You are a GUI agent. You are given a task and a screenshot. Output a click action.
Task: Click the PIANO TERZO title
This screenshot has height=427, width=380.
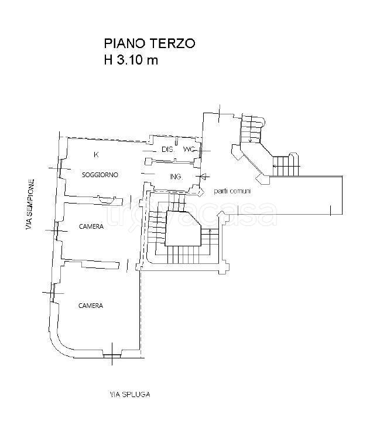[149, 43]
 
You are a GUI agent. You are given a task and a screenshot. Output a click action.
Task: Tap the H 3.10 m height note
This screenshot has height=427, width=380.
[131, 60]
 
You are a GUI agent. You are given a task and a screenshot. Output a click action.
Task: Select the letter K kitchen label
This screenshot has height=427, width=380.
[96, 155]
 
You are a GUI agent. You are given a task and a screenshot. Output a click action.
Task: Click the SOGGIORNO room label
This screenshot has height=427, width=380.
[100, 175]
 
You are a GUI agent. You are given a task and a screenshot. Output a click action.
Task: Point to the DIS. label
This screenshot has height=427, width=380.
[167, 149]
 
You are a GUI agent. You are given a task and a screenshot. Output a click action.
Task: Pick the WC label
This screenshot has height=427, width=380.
[189, 149]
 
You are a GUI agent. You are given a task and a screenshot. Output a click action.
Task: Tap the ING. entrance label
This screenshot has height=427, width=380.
[176, 177]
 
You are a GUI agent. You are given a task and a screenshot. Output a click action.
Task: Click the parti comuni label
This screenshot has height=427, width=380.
[232, 191]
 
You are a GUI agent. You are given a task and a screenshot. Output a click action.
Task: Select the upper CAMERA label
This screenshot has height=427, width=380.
[91, 226]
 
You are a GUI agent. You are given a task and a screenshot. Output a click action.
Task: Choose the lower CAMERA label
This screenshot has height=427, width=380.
[91, 306]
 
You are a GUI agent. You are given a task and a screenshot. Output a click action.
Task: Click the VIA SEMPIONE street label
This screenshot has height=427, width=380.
[30, 204]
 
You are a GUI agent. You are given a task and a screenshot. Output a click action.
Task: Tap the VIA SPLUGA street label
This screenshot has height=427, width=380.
[130, 394]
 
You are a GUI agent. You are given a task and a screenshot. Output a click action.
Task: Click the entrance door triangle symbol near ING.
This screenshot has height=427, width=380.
[203, 177]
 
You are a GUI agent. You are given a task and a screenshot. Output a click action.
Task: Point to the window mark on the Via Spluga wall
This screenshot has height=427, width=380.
[112, 355]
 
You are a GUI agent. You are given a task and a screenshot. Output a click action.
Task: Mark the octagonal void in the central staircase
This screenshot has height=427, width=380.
[183, 228]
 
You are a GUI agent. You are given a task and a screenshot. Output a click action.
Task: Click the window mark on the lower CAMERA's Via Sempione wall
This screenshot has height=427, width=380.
[53, 293]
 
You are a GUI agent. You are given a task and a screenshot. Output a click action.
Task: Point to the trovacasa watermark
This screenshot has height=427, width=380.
[191, 215]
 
